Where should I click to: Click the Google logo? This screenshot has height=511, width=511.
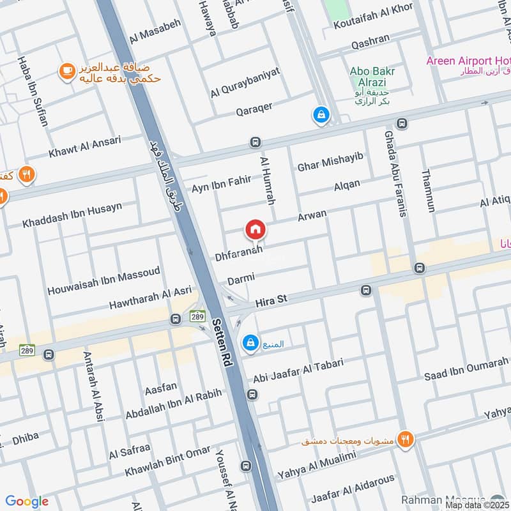[x=27, y=501]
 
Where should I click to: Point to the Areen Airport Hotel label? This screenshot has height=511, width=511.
[x=468, y=61]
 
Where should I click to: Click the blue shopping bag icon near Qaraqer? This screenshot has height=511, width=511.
[x=320, y=116]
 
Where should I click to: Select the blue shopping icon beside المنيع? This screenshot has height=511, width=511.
[x=250, y=344]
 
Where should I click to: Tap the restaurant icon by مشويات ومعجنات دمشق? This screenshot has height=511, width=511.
[x=405, y=439]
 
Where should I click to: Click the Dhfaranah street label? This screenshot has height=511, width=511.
[x=238, y=256]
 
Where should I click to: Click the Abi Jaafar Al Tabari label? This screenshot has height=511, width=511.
[x=298, y=371]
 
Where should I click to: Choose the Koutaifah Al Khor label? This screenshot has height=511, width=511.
[x=373, y=18]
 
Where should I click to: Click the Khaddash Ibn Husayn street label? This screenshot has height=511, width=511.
[x=72, y=215]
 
